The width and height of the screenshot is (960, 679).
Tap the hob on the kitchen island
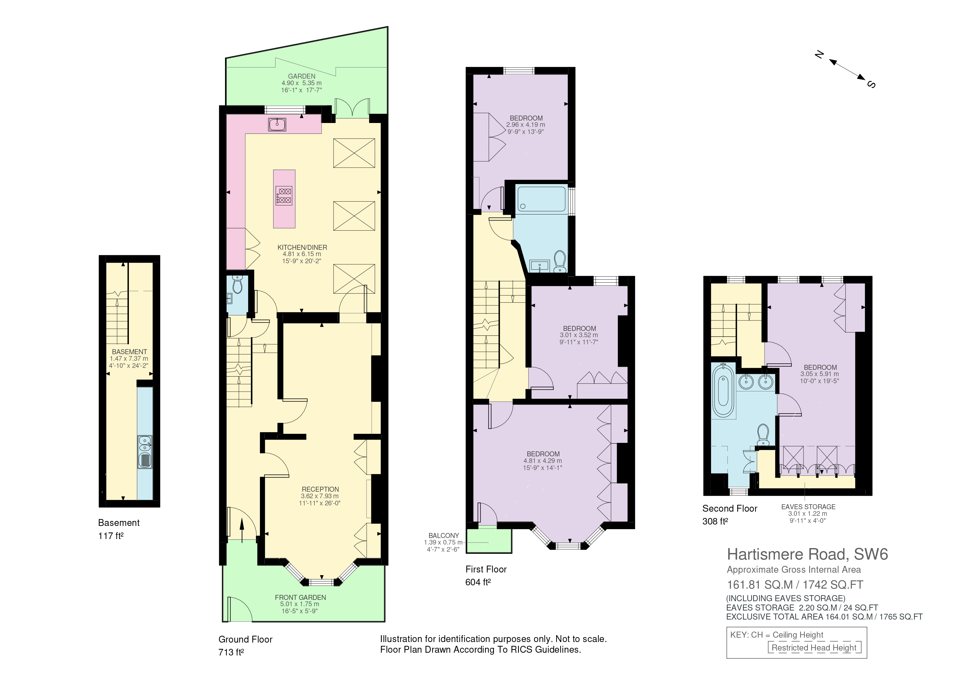284,195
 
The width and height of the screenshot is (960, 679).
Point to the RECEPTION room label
320,489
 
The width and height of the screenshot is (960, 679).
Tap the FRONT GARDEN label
300,597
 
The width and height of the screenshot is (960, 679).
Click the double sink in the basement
145,452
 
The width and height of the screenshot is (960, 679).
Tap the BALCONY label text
444,535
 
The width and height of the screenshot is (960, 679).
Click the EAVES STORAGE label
808,507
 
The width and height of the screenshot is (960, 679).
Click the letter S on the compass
871,85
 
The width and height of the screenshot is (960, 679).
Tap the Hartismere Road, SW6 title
807,554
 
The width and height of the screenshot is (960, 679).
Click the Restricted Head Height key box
814,648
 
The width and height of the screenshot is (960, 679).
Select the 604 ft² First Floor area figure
478,582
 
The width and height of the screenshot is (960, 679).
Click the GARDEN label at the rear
302,76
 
